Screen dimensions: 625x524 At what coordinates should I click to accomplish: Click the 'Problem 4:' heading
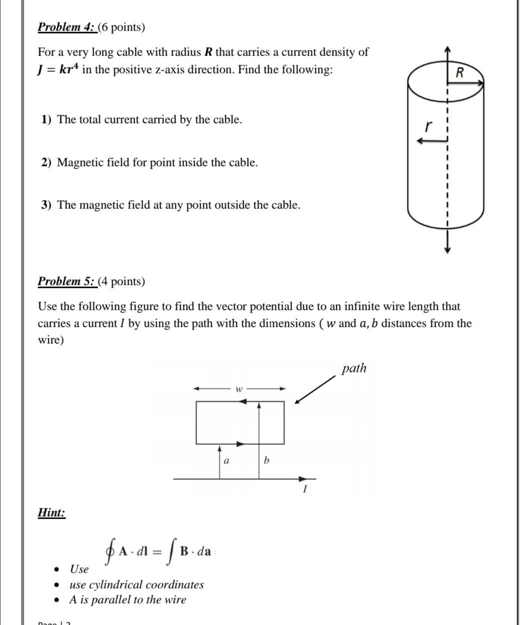coord(67,27)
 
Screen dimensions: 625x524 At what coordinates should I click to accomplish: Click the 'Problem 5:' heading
coord(67,281)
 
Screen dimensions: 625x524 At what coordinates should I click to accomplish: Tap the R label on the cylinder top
coord(460,73)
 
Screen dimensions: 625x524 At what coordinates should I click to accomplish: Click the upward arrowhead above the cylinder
coord(448,48)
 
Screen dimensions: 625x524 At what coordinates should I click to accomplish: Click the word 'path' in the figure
coord(354,369)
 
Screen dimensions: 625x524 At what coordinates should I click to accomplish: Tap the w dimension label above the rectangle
coord(239,389)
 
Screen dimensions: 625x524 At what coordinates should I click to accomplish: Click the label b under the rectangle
coord(266,460)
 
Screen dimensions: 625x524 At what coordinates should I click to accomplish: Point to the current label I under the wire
coord(304,490)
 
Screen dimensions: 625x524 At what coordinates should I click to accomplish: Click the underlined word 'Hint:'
coord(51,513)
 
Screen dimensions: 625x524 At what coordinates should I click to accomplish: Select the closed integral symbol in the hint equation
coord(109,552)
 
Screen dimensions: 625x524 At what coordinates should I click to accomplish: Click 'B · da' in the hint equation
coord(195,552)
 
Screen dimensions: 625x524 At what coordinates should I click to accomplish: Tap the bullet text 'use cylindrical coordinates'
coord(136,585)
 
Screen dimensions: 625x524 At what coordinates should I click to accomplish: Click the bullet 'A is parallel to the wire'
coord(127,600)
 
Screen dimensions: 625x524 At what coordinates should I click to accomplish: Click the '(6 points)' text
coord(121,27)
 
